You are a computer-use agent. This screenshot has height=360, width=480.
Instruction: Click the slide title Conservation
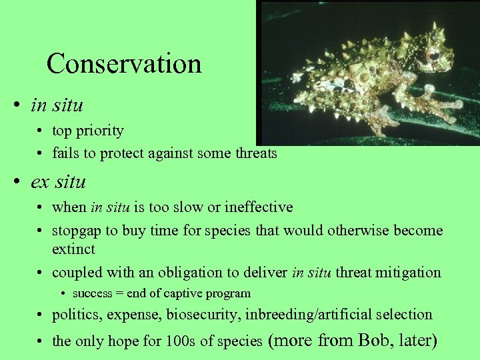tap(124, 64)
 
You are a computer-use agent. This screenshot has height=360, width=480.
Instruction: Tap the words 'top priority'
tap(88, 131)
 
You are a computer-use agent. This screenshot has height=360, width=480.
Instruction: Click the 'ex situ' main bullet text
tap(59, 181)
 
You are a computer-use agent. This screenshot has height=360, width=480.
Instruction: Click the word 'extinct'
tap(73, 249)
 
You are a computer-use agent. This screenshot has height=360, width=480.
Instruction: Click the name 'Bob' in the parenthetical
tap(375, 341)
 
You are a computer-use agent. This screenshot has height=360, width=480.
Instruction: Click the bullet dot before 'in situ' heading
tap(23, 105)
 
